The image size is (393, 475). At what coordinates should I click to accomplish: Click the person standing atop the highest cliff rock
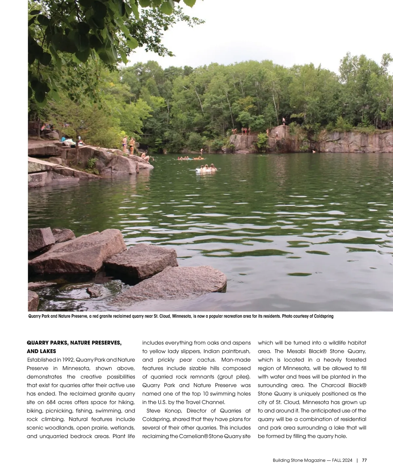pos(284,121)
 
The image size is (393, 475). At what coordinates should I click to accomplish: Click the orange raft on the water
pos(198,159)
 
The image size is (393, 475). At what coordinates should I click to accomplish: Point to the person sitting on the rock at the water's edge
pos(144,157)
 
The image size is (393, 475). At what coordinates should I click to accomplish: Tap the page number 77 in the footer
pos(364,460)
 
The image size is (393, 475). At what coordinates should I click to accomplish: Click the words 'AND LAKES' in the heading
pos(41,351)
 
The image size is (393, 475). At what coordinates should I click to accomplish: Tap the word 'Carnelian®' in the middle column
pos(193,436)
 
